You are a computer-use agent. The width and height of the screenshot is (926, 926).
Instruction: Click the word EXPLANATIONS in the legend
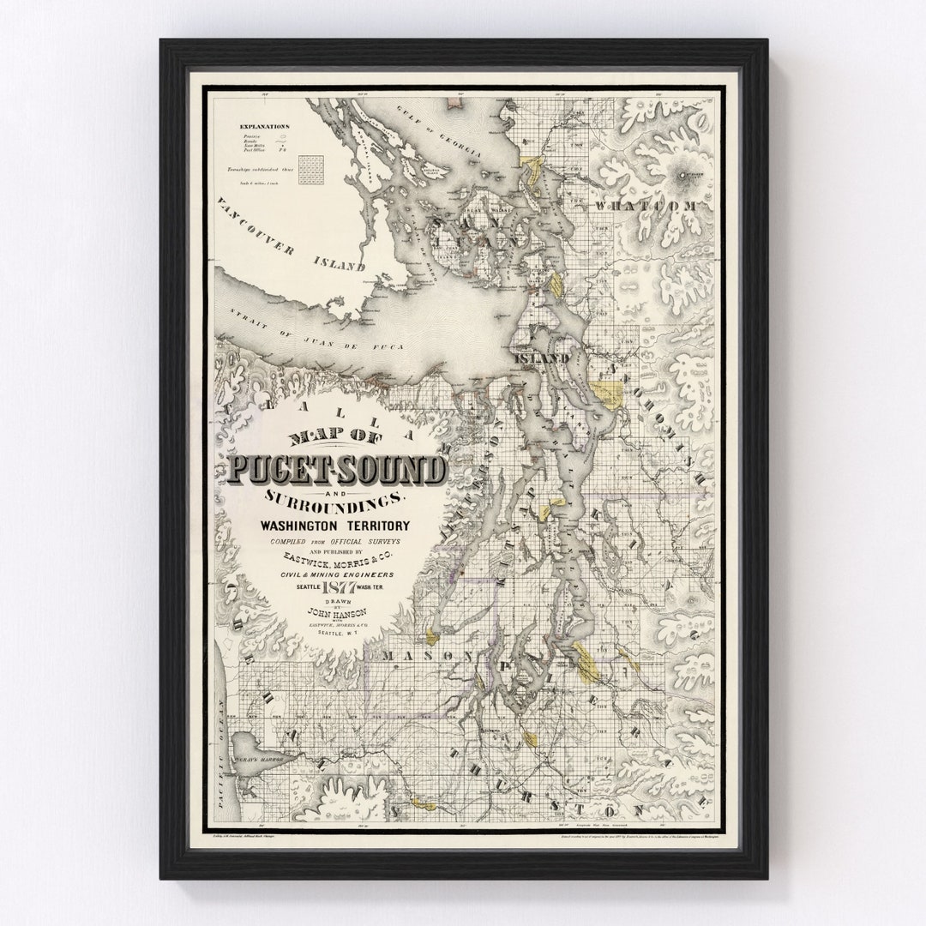coord(265,126)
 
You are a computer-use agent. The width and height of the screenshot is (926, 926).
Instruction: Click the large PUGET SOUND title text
coord(337,470)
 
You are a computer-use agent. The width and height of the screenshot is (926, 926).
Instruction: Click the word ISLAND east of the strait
coord(541,358)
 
